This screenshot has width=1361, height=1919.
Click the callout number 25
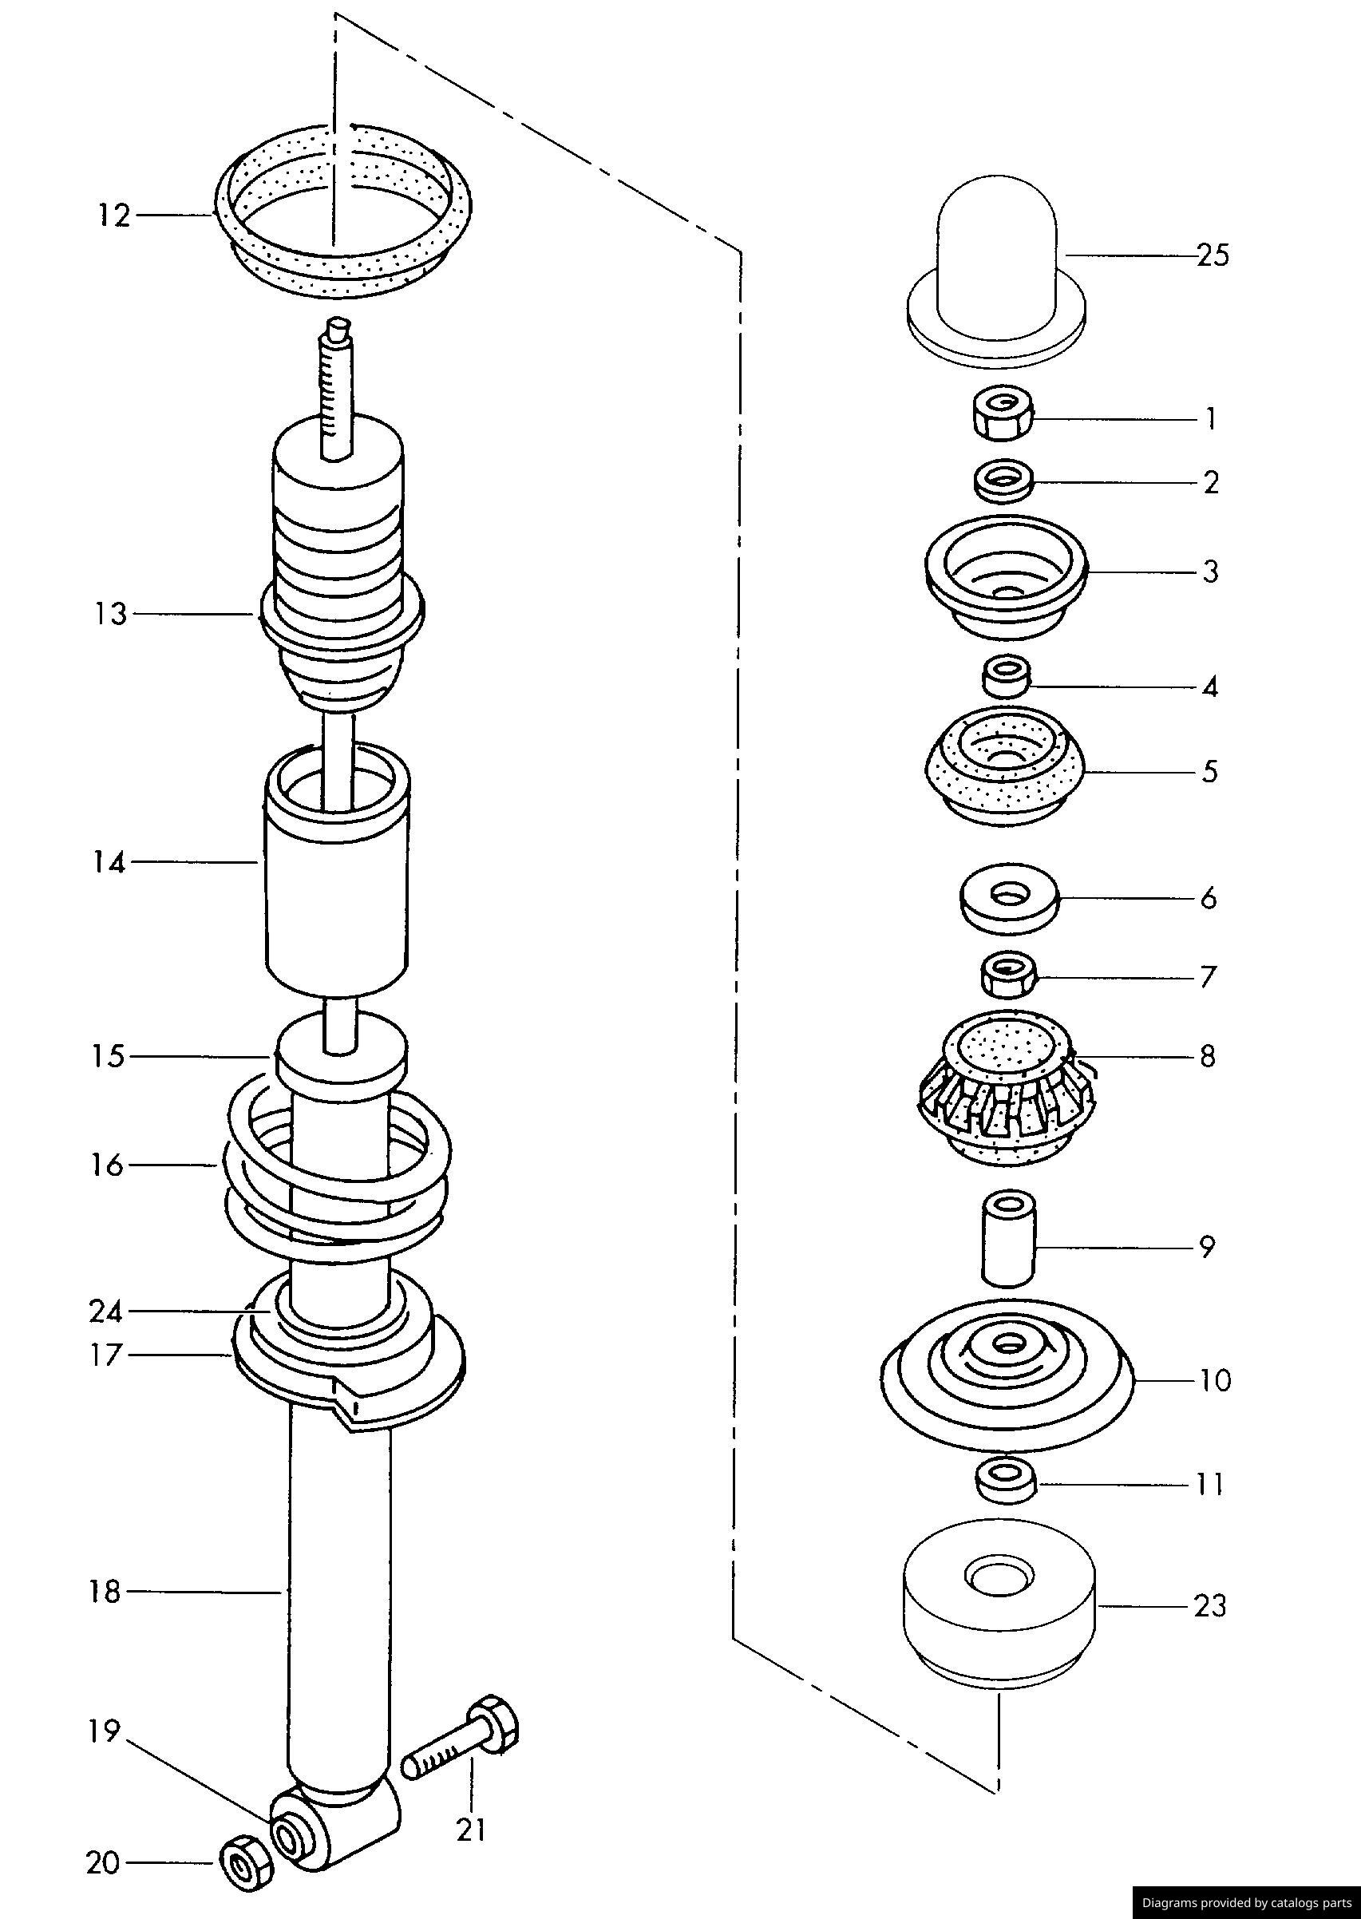[x=1212, y=255]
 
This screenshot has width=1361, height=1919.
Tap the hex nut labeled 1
[x=1003, y=414]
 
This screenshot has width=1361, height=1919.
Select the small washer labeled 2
[x=1003, y=481]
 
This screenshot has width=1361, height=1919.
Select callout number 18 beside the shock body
[x=105, y=1592]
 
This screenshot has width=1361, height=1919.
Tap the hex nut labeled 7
[x=1009, y=974]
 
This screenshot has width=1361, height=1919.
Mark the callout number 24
[x=105, y=1312]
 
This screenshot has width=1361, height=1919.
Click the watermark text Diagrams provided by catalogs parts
[x=1246, y=1902]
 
